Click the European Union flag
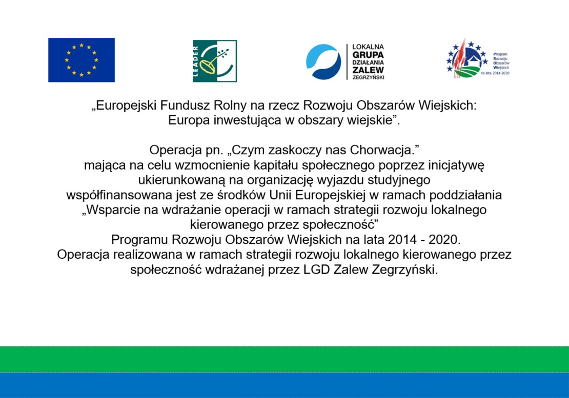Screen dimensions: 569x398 (x=82, y=60)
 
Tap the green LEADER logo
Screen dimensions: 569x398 (x=215, y=61)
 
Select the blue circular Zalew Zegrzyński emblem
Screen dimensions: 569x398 (x=323, y=61)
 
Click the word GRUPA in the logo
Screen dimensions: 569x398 (x=368, y=55)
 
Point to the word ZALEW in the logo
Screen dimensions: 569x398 (x=368, y=70)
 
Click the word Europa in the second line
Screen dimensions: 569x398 (x=189, y=120)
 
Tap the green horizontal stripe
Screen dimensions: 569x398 (x=284, y=359)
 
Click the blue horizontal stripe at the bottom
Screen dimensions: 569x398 (x=284, y=385)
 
